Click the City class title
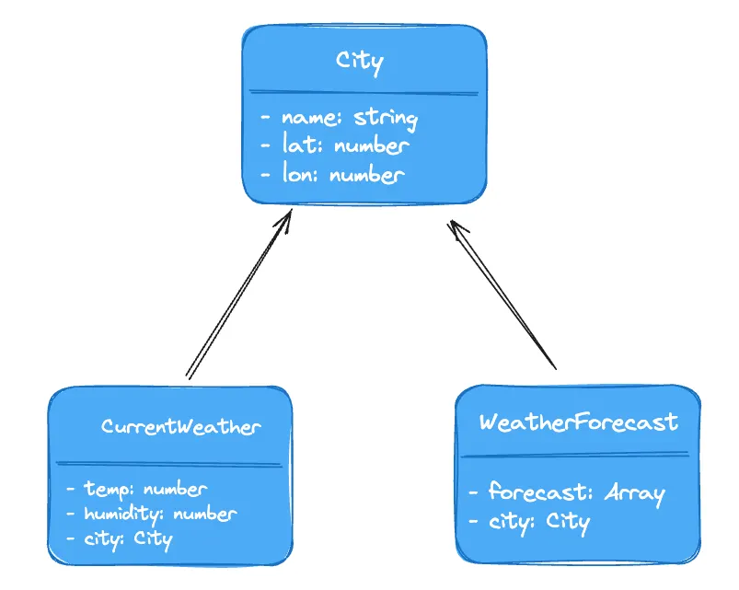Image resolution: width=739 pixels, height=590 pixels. (x=360, y=62)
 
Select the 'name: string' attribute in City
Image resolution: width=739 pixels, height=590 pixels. (x=340, y=118)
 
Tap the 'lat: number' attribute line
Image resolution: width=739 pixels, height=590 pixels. (x=335, y=145)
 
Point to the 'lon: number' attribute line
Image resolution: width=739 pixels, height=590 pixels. (x=332, y=173)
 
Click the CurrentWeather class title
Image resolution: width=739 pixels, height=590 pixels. (x=181, y=426)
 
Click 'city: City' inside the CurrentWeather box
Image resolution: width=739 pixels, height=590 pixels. (x=120, y=538)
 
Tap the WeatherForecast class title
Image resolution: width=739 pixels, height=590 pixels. (x=579, y=422)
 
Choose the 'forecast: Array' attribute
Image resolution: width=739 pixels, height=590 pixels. (x=567, y=492)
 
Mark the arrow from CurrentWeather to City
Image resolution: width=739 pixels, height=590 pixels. (x=239, y=295)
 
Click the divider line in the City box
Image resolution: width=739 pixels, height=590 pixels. (x=364, y=92)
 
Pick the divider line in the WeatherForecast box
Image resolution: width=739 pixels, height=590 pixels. (x=574, y=454)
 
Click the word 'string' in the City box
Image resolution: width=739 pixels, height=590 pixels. (x=386, y=119)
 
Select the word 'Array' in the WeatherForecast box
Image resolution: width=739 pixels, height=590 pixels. (x=634, y=493)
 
